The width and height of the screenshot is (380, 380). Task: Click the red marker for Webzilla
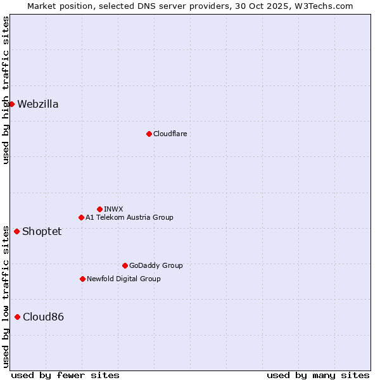(x=11, y=104)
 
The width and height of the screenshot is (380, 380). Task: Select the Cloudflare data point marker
(x=149, y=134)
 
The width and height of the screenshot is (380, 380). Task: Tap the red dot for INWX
(x=99, y=209)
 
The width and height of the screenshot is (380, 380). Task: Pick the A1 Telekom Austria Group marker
(x=81, y=217)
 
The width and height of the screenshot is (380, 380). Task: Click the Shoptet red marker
(x=16, y=231)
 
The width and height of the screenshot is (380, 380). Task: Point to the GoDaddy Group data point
(x=125, y=265)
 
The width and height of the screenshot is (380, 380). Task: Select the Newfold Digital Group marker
(x=82, y=279)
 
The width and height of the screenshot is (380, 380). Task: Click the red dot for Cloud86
(x=17, y=317)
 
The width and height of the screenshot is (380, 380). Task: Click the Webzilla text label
(x=38, y=104)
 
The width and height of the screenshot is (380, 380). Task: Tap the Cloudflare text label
(x=170, y=134)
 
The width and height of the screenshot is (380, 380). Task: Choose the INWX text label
(x=113, y=209)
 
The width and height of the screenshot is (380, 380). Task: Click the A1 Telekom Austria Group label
(x=129, y=217)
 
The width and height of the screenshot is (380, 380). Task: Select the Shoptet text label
(x=42, y=231)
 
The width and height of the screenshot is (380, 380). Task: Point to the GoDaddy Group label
(x=156, y=265)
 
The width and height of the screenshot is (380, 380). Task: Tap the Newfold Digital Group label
(x=123, y=279)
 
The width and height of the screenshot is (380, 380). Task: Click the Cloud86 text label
(x=43, y=317)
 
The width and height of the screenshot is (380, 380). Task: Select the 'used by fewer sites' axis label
(x=65, y=375)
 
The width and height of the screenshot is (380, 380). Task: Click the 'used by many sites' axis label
(x=318, y=375)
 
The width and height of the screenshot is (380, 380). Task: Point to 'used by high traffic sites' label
(x=6, y=90)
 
